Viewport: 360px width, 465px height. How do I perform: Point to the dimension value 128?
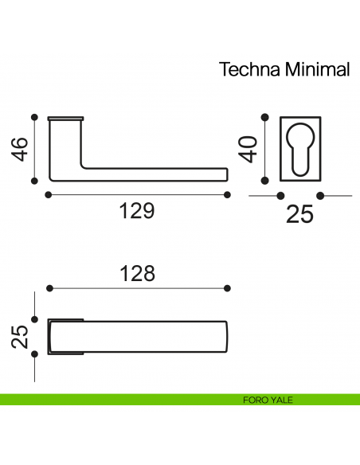pos(137,272)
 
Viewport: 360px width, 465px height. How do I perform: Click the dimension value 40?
pos(248,149)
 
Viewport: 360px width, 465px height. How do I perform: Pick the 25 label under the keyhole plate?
pos(299,213)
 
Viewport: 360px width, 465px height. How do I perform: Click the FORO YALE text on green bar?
pos(268,400)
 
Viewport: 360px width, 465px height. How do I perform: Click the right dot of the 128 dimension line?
pos(228,287)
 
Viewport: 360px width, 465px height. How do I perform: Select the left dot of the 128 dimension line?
pos(49,287)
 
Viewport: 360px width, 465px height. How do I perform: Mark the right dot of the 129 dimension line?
pos(228,194)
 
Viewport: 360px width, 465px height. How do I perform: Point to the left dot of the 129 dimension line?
pos(49,194)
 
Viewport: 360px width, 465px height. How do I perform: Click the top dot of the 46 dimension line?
pos(33,117)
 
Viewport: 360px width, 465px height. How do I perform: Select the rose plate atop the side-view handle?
pos(65,119)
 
